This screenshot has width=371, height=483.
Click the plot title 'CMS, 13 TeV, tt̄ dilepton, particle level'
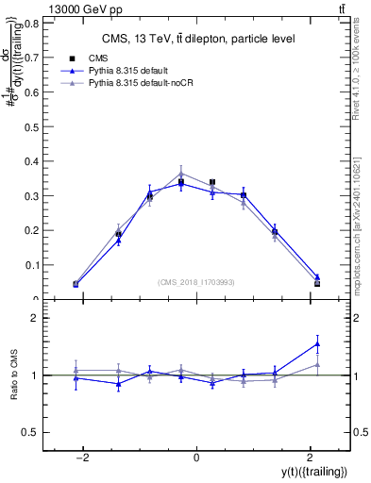(198, 39)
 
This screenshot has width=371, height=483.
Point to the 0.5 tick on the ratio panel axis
(33, 432)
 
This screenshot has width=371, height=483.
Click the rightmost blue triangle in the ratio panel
(317, 343)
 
